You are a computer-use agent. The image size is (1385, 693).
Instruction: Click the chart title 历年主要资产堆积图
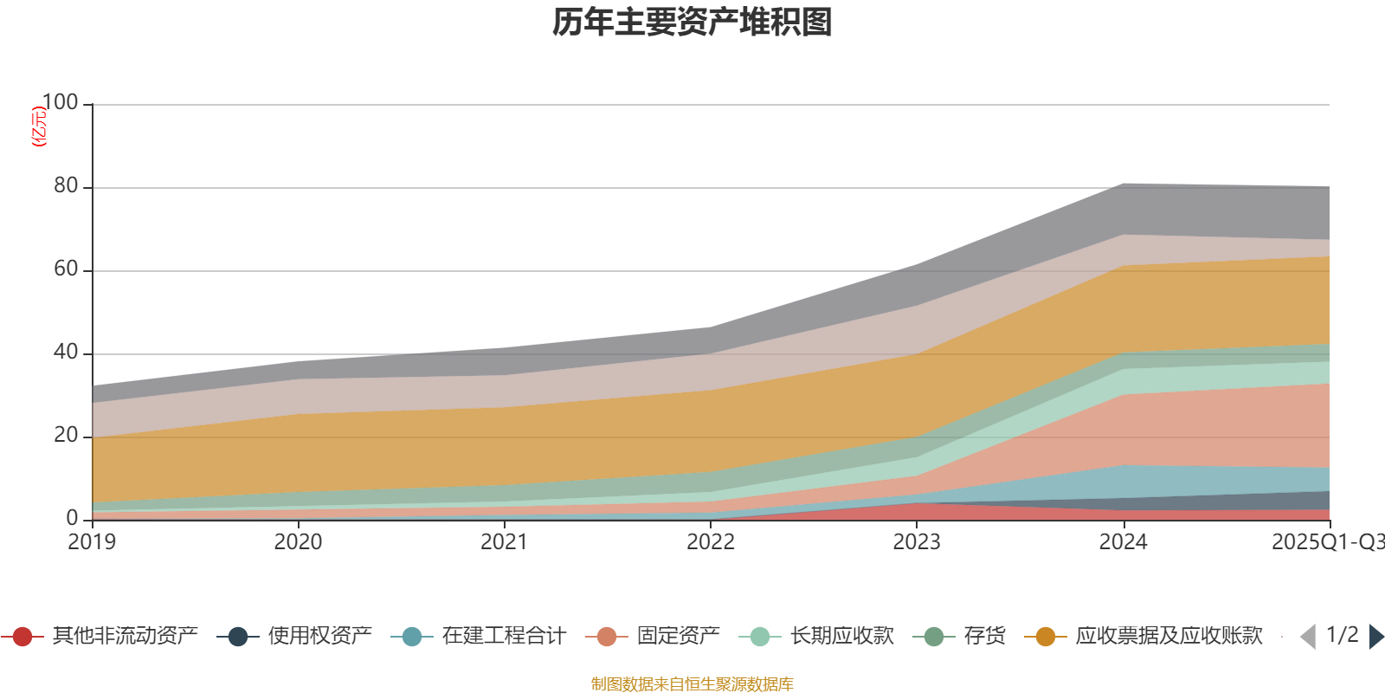tap(692, 23)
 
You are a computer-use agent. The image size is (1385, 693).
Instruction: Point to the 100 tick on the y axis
tap(61, 103)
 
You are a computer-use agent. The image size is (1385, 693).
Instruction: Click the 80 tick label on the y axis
tap(66, 186)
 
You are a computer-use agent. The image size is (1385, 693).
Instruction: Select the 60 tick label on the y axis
tap(66, 269)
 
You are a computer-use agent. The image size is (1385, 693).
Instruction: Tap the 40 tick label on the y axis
tap(66, 353)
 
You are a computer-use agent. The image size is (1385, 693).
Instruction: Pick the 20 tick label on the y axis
tap(66, 436)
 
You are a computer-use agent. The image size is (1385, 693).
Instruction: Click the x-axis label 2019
tap(93, 542)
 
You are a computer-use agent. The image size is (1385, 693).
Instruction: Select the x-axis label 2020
tap(299, 542)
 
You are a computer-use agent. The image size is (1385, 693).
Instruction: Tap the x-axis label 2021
tap(505, 542)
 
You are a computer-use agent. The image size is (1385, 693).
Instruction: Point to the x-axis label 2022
tap(711, 542)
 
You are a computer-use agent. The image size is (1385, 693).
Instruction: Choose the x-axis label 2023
tap(917, 542)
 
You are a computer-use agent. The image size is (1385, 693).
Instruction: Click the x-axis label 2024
tap(1123, 542)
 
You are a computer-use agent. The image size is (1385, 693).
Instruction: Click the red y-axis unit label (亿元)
tap(39, 126)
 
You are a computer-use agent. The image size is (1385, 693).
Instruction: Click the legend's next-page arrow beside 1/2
tap(1376, 637)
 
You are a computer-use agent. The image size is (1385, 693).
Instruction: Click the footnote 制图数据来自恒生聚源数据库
tap(692, 684)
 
